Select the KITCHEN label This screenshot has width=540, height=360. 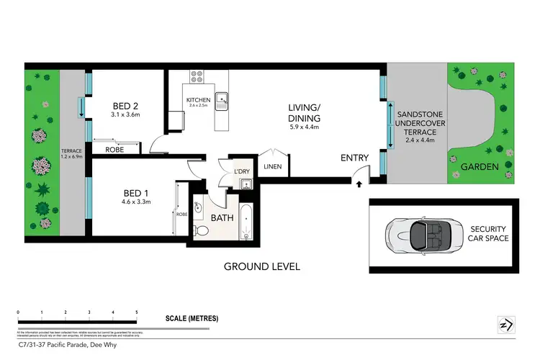[x=198, y=99]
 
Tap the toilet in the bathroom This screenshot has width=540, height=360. [x=202, y=230]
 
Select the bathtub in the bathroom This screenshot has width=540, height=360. [x=246, y=224]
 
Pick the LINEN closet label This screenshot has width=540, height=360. [x=273, y=166]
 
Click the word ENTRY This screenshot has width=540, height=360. [x=354, y=158]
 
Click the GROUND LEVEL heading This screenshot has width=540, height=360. [x=261, y=266]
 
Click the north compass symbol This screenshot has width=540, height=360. [x=505, y=325]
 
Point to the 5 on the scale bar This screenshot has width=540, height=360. [x=136, y=312]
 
